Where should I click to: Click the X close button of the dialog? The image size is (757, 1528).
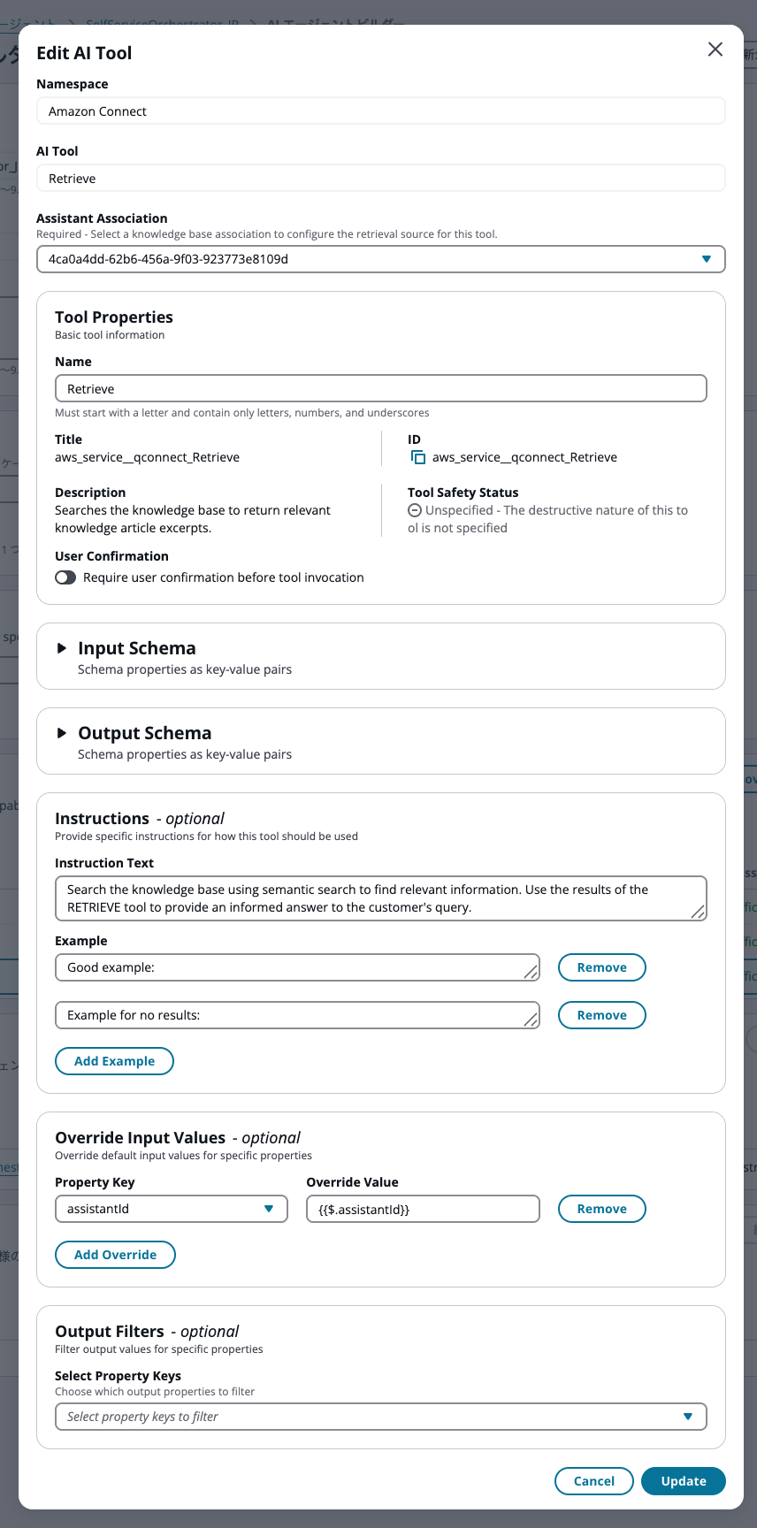715,50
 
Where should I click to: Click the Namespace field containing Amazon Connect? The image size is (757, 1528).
380,111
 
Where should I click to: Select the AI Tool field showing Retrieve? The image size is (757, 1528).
380,179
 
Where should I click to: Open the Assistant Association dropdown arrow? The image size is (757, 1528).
706,259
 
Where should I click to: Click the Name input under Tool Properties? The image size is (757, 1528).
380,389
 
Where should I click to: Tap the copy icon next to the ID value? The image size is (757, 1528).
418,457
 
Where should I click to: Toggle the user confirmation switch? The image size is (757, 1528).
65,577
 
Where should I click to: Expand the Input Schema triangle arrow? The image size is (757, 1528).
62,648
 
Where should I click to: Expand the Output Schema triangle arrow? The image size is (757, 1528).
62,733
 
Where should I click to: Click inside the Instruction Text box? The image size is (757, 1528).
380,898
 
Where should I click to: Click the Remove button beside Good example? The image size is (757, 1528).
601,967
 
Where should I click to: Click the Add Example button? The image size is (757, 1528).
114,1061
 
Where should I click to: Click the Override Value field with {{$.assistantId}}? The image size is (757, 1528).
423,1209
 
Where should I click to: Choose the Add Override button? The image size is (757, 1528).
115,1255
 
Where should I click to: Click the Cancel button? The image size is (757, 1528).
593,1481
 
